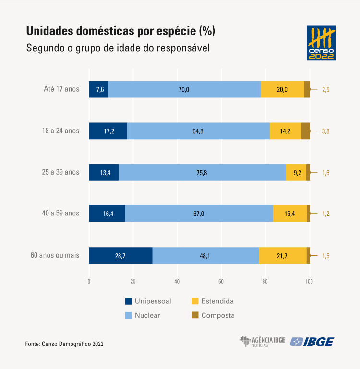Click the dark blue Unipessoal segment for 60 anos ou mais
[x=120, y=255]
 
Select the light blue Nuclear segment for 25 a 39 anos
[x=202, y=172]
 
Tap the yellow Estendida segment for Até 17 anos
[x=282, y=89]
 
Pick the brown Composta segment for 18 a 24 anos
[x=306, y=131]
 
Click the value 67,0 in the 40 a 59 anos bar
[x=199, y=214]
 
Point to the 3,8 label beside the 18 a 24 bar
[x=325, y=131]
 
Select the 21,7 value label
[x=282, y=256]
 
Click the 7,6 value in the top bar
[x=100, y=89]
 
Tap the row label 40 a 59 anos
[x=60, y=213]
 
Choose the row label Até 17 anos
[x=61, y=89]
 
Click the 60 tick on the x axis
[x=221, y=282]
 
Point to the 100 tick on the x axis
[x=309, y=282]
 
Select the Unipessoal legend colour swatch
[x=128, y=301]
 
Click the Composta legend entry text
[x=218, y=315]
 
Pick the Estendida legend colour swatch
[x=195, y=301]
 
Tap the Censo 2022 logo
[x=321, y=43]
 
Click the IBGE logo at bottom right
[x=312, y=342]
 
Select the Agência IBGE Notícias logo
[x=262, y=342]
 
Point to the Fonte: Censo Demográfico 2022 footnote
[x=64, y=344]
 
